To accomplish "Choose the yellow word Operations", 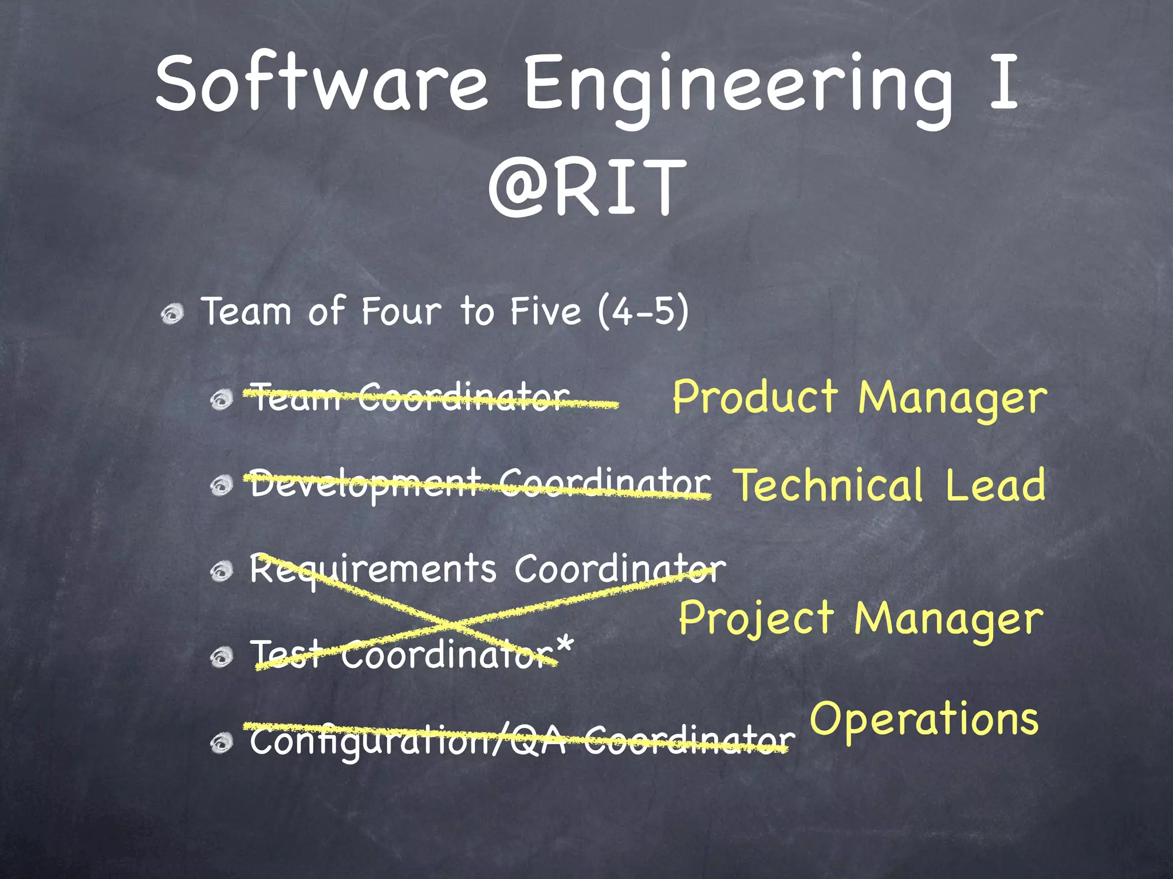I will pos(923,719).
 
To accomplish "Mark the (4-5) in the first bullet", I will pos(643,311).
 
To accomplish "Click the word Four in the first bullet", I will pos(401,311).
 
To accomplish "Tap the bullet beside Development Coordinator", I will pos(221,486).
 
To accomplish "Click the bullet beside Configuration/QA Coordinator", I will pos(221,743).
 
